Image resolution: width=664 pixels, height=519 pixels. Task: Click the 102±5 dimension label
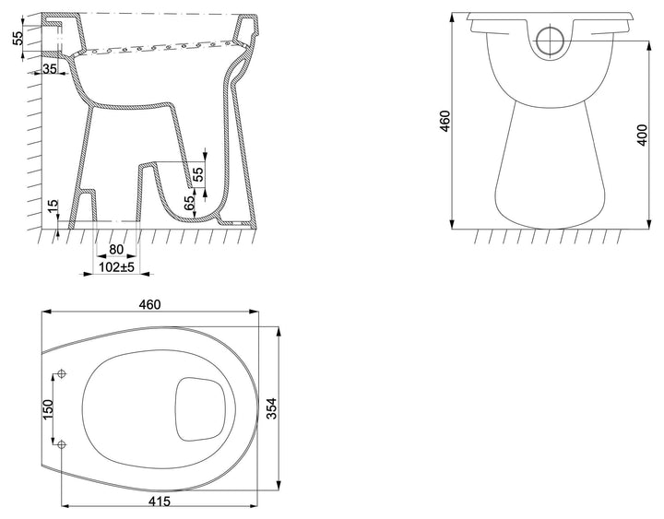tap(116, 267)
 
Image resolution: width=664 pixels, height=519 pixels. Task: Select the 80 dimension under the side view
tap(116, 250)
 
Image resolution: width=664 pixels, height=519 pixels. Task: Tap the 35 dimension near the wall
tap(50, 68)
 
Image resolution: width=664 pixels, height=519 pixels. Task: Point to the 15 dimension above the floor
tap(53, 206)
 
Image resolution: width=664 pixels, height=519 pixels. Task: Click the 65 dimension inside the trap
tap(190, 203)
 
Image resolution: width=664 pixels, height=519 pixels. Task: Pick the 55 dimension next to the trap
tap(198, 174)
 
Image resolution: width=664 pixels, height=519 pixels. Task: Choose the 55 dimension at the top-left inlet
tap(18, 38)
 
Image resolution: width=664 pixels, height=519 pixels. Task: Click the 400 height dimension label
tap(643, 135)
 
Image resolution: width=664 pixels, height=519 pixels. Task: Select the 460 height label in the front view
tap(445, 121)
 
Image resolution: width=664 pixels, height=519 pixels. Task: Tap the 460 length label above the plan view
tap(150, 304)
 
